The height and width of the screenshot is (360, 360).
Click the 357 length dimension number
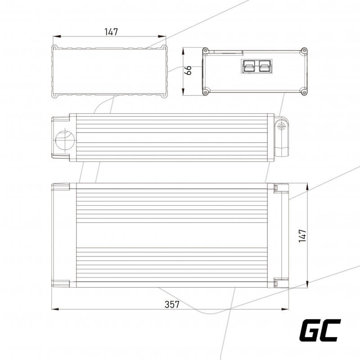pyautogui.click(x=172, y=305)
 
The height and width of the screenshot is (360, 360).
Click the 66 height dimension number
pyautogui.click(x=188, y=70)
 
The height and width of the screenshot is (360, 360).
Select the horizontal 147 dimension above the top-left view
pyautogui.click(x=111, y=32)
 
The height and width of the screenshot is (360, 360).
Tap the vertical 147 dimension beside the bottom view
pyautogui.click(x=302, y=235)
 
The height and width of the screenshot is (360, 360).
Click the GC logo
pyautogui.click(x=320, y=330)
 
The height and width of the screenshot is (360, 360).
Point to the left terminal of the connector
pyautogui.click(x=249, y=67)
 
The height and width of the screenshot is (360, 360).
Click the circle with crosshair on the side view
pyautogui.click(x=65, y=140)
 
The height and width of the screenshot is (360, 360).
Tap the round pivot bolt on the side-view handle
pyautogui.click(x=281, y=126)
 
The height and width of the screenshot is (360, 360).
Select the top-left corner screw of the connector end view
pyautogui.click(x=206, y=50)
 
